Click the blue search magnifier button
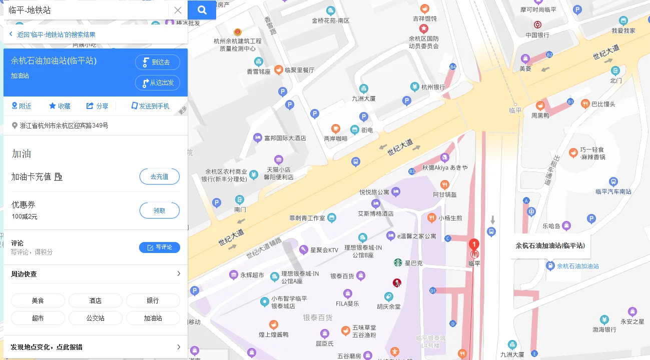coord(202,10)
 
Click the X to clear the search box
coord(178,10)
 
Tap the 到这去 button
coord(157,62)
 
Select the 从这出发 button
coord(157,82)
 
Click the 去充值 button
coord(159,176)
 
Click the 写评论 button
coord(159,247)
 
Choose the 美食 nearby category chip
coord(38,300)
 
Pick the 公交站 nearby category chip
coord(95,318)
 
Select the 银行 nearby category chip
coord(153,300)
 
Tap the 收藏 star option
coord(60,106)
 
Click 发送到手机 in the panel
coord(150,106)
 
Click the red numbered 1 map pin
coord(473,245)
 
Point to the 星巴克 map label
coord(413,263)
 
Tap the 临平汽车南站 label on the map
coord(613,191)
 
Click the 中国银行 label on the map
coord(537,35)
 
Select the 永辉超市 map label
coord(252,275)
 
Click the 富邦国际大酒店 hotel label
coord(285,137)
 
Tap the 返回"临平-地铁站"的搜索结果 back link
coord(56,34)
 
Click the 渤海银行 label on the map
coord(604,329)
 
